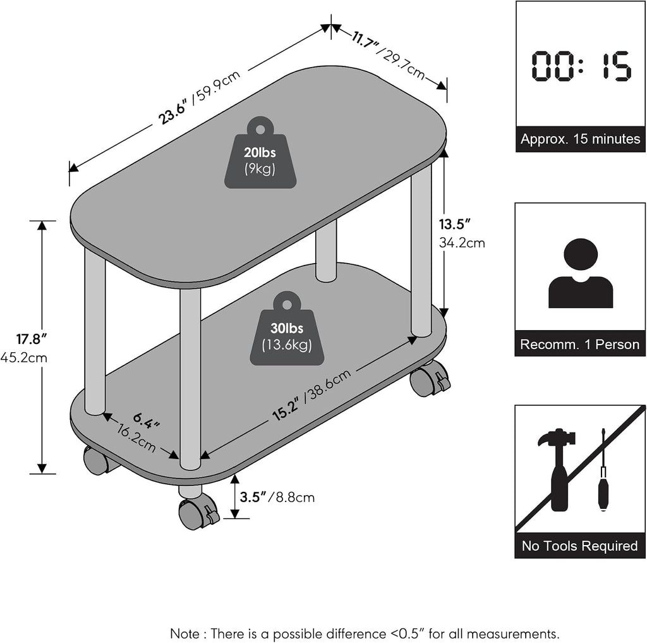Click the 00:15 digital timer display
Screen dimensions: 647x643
tap(581, 66)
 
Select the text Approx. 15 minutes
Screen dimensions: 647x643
tap(580, 138)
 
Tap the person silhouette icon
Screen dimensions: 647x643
tap(580, 273)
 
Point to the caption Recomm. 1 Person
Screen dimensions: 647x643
tap(580, 344)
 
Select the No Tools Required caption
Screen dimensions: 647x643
tap(580, 546)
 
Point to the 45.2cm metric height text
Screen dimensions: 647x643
tap(24, 357)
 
